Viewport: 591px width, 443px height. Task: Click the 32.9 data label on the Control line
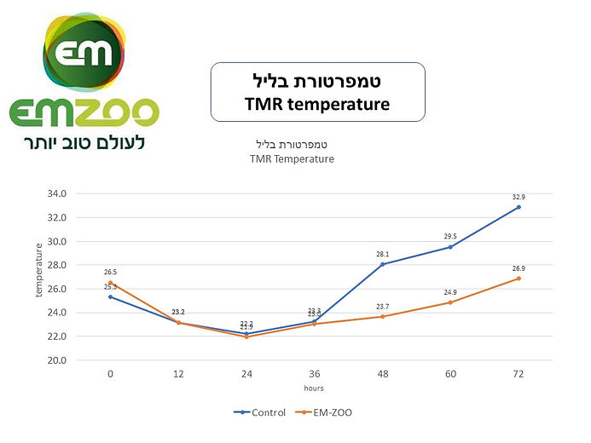click(518, 197)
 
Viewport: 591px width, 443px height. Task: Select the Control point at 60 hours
click(450, 247)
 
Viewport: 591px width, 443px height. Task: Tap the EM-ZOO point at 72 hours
click(519, 279)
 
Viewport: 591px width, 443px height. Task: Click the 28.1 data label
click(382, 253)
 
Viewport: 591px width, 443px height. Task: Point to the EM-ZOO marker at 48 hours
click(382, 316)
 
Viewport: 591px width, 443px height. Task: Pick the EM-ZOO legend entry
click(327, 412)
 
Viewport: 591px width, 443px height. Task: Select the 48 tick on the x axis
click(382, 374)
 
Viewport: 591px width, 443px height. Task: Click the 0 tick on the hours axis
click(110, 374)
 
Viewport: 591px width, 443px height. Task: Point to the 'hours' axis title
click(314, 388)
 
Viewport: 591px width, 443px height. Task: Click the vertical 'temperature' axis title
click(38, 270)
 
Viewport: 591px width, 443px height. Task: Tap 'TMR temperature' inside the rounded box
click(317, 105)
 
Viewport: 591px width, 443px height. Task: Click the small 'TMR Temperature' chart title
click(292, 158)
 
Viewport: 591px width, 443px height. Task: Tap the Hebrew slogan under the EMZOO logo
click(84, 141)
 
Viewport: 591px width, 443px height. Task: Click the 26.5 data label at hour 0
click(110, 272)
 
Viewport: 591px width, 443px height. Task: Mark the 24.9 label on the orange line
click(450, 292)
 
